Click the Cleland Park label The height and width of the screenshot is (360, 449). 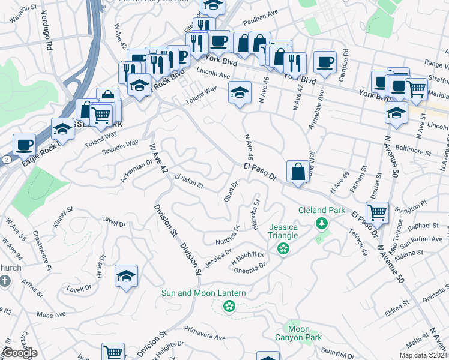322,211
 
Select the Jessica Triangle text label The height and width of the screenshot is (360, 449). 283,232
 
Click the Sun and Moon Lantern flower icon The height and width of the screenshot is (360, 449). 228,307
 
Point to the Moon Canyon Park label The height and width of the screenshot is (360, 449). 298,333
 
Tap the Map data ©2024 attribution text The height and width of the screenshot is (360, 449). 423,355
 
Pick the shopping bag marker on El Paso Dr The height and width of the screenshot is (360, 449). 298,172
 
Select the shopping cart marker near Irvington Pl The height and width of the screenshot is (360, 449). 377,212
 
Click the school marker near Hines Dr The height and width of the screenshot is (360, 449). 126,275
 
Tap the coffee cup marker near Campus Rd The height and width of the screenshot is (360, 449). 325,62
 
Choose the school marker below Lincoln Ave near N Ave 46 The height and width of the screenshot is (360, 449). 240,92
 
